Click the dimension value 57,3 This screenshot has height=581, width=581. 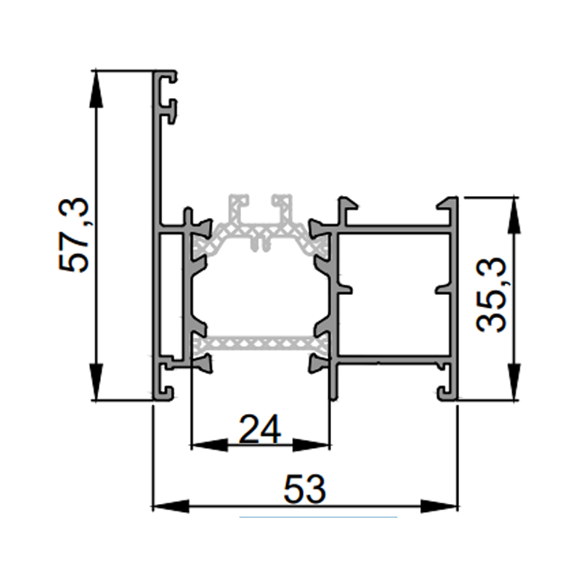(x=74, y=235)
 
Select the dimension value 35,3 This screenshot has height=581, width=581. (x=491, y=295)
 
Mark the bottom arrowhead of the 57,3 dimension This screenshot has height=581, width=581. (x=97, y=382)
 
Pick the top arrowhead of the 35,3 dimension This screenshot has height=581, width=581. (x=513, y=216)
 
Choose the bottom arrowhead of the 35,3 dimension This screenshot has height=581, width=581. (x=513, y=382)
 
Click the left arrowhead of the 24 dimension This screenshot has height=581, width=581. (x=209, y=444)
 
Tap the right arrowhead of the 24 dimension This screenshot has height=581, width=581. (x=312, y=444)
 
